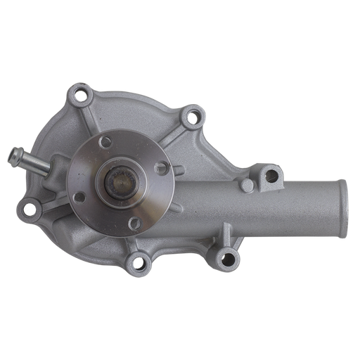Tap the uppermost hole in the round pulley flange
click(105, 143)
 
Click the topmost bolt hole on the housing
click(83, 92)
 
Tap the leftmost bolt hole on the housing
click(29, 207)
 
